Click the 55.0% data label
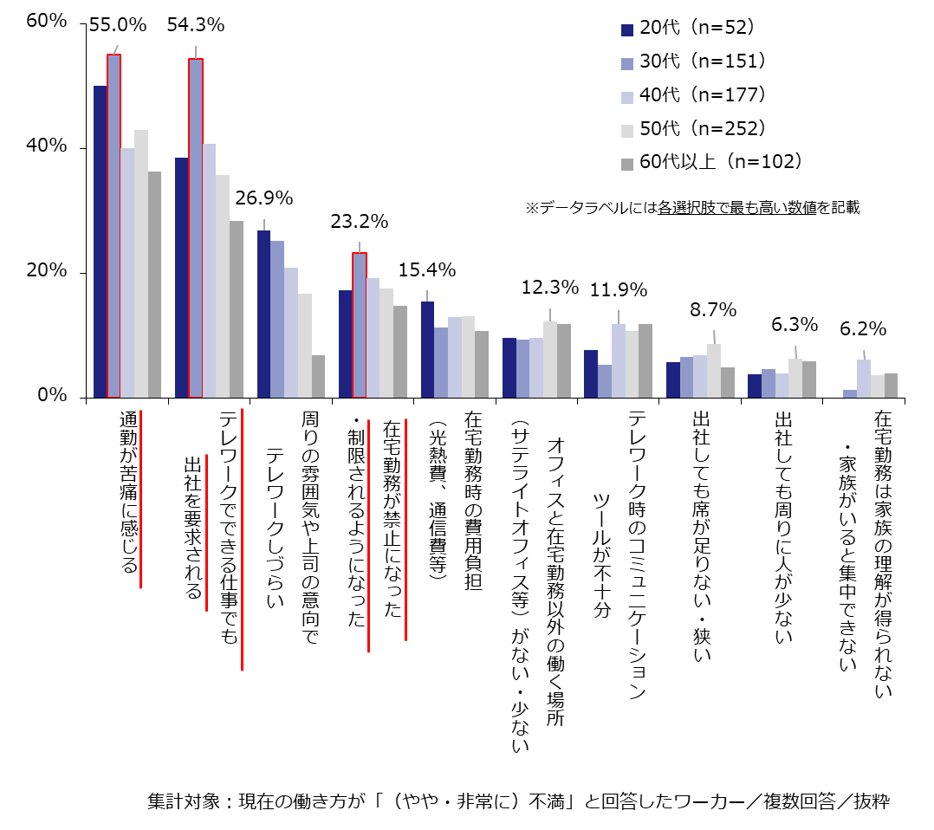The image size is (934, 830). point(117,26)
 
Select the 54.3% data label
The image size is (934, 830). point(196,26)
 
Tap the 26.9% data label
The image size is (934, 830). point(263,198)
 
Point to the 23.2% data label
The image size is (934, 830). point(359,222)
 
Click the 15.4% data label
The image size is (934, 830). point(427,270)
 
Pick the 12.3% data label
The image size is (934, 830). point(549,287)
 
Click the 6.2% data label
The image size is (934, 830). point(863,329)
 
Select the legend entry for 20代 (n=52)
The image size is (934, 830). point(688,28)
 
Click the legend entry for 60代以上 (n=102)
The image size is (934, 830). point(710,162)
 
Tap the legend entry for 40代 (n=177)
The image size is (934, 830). point(693,94)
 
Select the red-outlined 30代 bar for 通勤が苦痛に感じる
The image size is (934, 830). point(114,225)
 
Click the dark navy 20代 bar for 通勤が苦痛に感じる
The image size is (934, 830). point(100,242)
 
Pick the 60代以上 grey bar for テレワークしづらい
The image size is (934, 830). point(318,376)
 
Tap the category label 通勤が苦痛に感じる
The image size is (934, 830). point(127,493)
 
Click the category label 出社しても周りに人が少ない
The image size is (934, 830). point(783,528)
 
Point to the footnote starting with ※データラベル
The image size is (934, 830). point(692,208)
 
